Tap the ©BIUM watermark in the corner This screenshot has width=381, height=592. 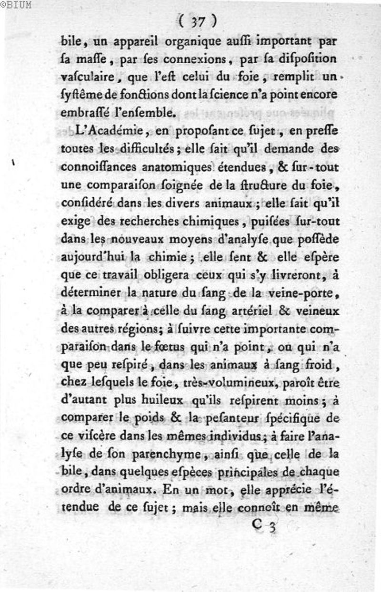click(x=16, y=5)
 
